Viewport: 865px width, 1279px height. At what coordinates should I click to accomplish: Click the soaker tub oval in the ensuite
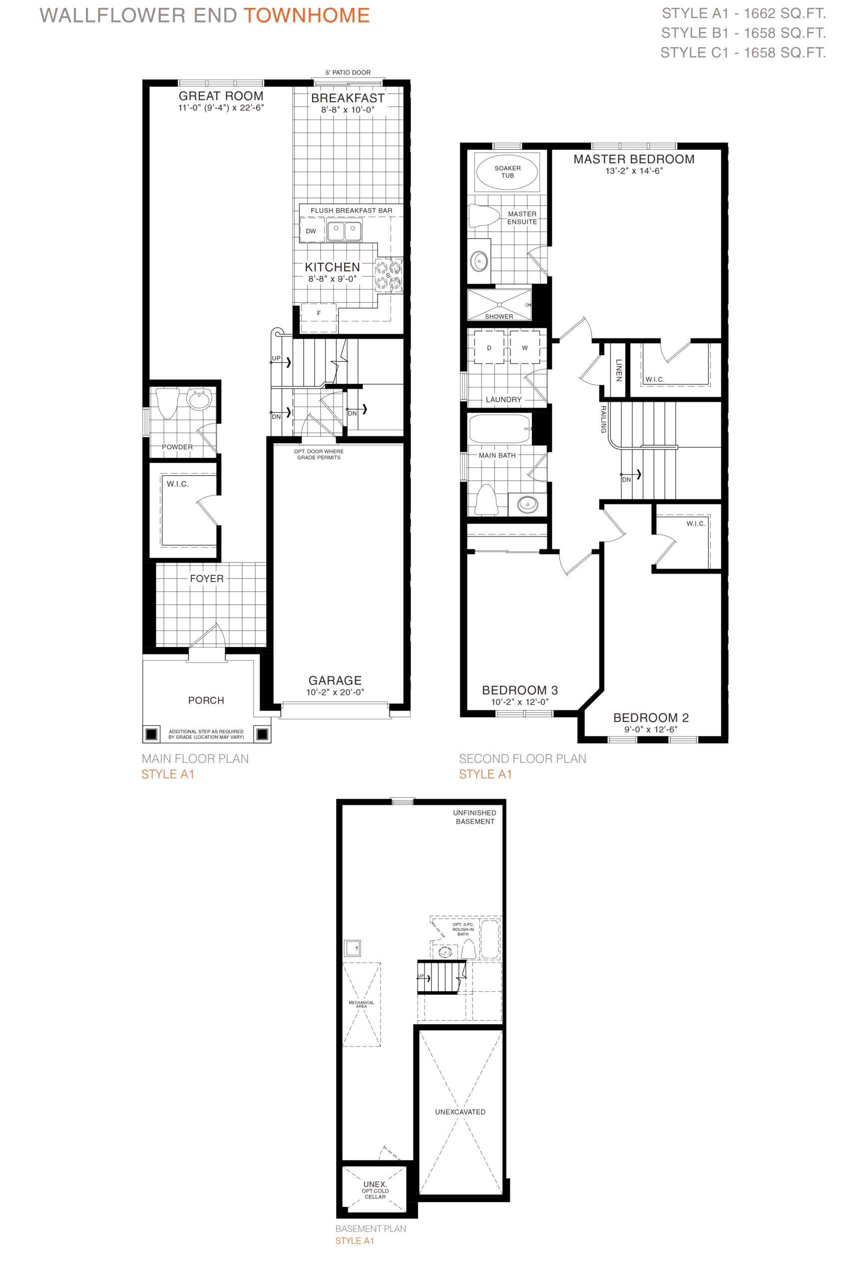pos(507,172)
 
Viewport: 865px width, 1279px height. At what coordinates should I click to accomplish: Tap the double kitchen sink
pos(345,231)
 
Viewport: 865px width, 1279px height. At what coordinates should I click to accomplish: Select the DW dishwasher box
pos(312,231)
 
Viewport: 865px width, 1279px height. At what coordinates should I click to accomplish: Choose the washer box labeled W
pos(524,347)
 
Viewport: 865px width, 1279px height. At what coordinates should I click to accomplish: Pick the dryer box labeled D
pos(488,347)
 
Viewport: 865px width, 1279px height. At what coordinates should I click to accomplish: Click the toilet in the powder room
pos(167,403)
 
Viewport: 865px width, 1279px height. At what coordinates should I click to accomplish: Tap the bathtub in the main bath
pos(499,429)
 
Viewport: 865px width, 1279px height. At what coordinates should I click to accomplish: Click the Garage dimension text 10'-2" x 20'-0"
pos(335,692)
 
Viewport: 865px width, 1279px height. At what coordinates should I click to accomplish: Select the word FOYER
pos(207,579)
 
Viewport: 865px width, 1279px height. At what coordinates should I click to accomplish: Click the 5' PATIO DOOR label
pos(348,72)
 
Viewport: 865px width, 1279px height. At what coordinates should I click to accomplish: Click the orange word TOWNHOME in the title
pos(307,15)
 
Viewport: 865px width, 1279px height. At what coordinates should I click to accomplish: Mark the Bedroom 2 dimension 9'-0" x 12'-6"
pos(650,729)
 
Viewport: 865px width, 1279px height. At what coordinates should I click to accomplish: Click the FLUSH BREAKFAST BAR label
pos(351,210)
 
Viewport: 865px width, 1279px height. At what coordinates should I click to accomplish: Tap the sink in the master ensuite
pos(479,261)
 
